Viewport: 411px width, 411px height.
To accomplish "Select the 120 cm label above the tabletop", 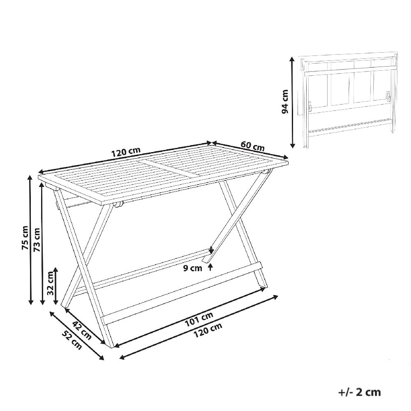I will [126, 152].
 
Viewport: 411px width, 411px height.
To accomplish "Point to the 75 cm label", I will [25, 238].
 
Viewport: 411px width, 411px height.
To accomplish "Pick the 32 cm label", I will [50, 283].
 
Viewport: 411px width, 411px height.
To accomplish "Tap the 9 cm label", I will [193, 268].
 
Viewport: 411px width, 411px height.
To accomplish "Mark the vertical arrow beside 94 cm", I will [293, 103].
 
